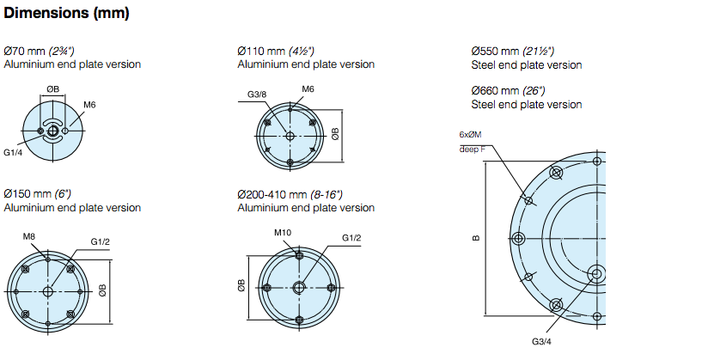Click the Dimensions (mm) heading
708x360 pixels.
[66, 13]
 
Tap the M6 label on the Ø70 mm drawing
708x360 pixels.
[89, 105]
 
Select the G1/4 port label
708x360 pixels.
[13, 153]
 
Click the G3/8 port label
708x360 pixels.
[257, 95]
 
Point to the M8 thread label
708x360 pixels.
[29, 236]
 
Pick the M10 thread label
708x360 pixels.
[283, 233]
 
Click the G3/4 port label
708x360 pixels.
[541, 341]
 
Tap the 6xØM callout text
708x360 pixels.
[471, 135]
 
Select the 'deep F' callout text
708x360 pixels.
[472, 149]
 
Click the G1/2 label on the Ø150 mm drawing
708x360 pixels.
[101, 241]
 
